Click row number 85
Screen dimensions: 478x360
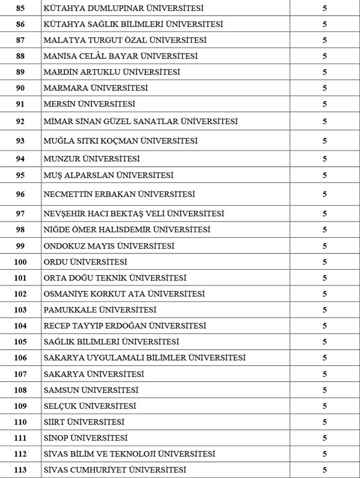(x=20, y=8)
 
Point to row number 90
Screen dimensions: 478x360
(x=20, y=88)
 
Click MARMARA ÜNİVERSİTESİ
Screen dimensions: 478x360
(x=96, y=88)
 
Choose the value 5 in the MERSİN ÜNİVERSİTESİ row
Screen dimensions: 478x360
(x=324, y=104)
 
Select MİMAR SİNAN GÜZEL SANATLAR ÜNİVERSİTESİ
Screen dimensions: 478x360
(x=141, y=121)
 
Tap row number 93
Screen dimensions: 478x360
(x=20, y=141)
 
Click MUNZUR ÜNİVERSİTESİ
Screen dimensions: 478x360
(x=92, y=158)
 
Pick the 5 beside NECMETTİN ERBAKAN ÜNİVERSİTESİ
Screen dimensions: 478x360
(x=324, y=194)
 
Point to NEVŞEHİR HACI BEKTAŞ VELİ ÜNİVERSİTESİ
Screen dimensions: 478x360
(x=134, y=214)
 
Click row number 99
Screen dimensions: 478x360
(x=20, y=246)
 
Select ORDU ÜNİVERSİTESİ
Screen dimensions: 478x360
(x=85, y=262)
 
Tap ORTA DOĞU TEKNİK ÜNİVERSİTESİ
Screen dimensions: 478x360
(x=115, y=278)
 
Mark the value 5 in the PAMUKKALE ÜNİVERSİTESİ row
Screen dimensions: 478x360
(x=324, y=309)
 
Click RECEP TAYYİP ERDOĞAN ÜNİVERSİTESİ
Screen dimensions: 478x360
(x=125, y=326)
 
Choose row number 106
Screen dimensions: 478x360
(x=20, y=358)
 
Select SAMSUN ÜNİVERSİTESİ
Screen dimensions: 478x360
(x=91, y=390)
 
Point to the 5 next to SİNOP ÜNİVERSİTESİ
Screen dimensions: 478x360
(x=324, y=438)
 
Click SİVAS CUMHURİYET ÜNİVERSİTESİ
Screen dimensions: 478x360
(x=115, y=470)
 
